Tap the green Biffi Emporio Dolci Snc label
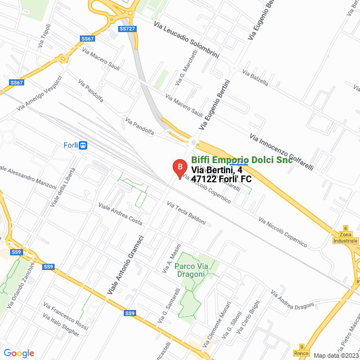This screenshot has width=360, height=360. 242,160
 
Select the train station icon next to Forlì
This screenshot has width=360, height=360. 83,145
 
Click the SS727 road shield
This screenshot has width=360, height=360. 127,29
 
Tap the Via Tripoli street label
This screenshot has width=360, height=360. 44,35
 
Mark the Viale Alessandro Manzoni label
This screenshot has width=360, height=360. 27,177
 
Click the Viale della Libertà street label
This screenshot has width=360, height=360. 62,188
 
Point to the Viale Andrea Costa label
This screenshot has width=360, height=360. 120,214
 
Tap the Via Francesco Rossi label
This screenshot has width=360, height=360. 66,317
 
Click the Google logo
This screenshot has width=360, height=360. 19,353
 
